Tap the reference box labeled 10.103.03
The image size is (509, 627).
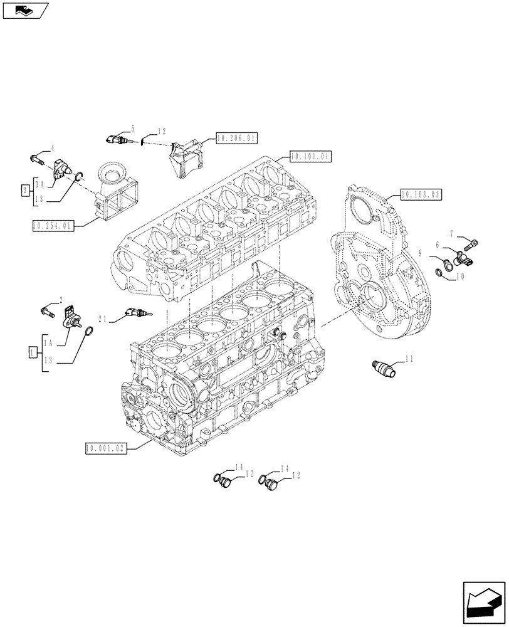coord(420,194)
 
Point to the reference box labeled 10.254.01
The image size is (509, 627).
coord(53,224)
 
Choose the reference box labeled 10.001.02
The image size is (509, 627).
coord(105,448)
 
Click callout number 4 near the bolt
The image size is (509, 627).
coord(53,148)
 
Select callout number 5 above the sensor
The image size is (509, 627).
coord(133,127)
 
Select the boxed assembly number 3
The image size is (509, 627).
coord(24,189)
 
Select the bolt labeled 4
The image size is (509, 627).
coord(37,157)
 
